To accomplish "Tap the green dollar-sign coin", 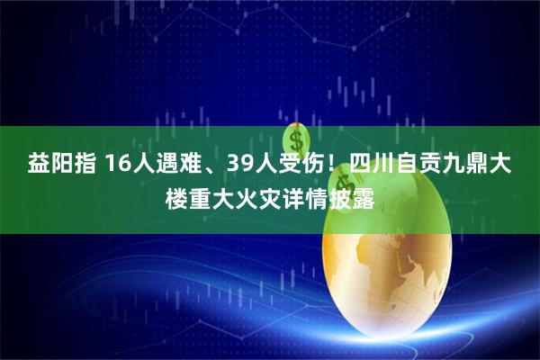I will click(296, 139).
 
